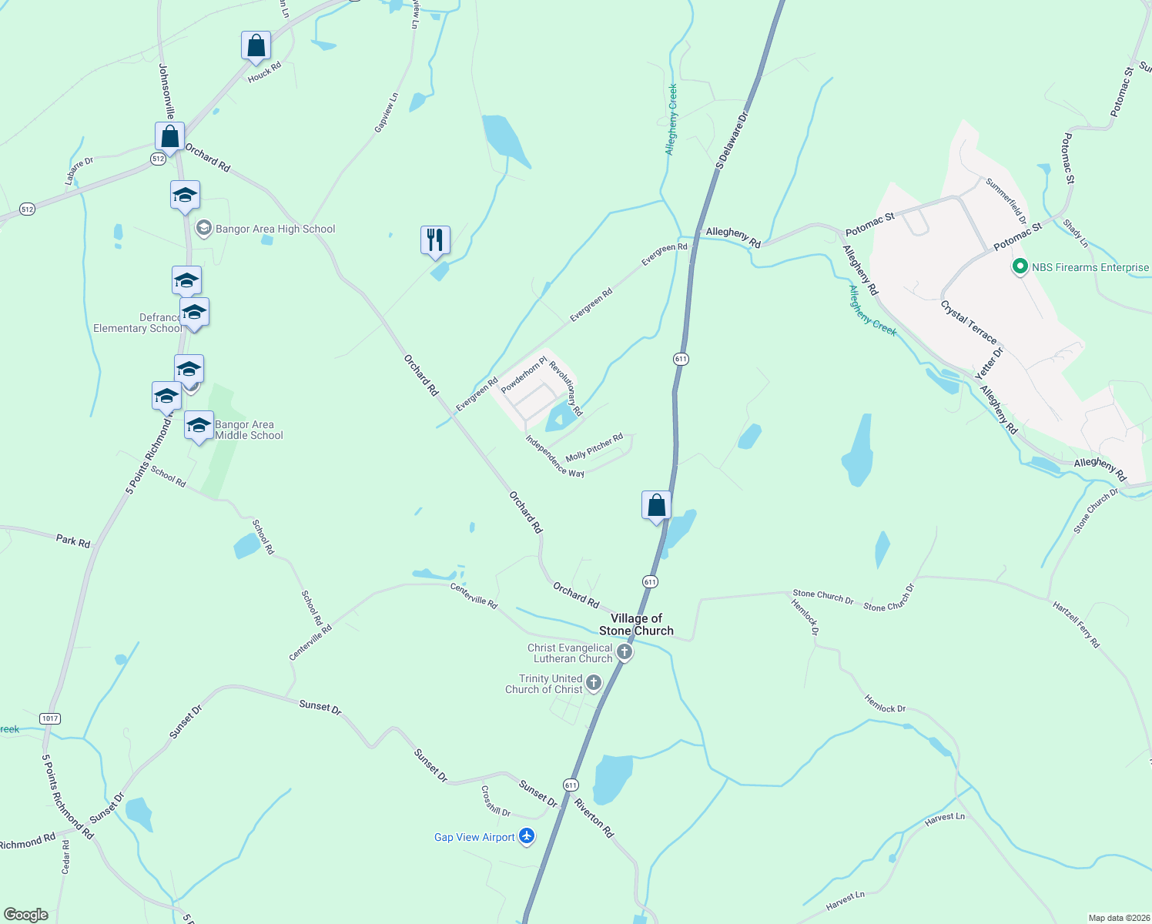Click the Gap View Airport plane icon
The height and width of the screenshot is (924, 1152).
[527, 836]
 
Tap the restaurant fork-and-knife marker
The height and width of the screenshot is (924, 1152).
[435, 239]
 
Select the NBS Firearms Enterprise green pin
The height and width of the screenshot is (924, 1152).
[1020, 267]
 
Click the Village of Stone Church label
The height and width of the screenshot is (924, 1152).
[636, 624]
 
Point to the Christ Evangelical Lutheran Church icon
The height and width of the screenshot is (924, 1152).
[625, 653]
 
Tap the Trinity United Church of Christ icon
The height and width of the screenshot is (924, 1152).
[594, 682]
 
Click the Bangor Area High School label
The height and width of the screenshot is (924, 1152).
[275, 229]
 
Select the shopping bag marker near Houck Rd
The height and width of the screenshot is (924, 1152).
[256, 45]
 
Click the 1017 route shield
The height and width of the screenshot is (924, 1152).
[50, 718]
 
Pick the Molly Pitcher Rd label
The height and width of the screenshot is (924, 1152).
[594, 447]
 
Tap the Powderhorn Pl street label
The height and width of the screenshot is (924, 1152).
[524, 374]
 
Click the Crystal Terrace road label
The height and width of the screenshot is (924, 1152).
[968, 322]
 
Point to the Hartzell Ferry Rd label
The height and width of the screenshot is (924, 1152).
[1077, 624]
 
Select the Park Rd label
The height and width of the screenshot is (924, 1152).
[73, 541]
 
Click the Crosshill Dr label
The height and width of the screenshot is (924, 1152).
[495, 801]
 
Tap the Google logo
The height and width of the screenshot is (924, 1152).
[26, 914]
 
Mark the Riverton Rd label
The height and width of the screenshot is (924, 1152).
[593, 818]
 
